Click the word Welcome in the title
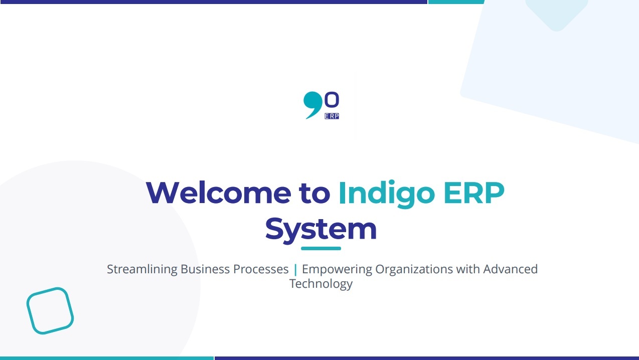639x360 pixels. tap(218, 193)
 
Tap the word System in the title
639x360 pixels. tap(321, 229)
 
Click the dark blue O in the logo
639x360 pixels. tap(332, 100)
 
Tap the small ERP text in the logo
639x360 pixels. tap(332, 116)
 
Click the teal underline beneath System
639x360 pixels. tap(321, 248)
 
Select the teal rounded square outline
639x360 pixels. tap(50, 310)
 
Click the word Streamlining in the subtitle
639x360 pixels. tap(142, 269)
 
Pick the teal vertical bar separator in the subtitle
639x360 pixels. tap(295, 270)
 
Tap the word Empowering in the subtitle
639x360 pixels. tap(337, 269)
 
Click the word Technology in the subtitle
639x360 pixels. tap(321, 284)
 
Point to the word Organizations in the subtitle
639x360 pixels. tap(414, 269)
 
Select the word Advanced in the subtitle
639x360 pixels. tap(510, 269)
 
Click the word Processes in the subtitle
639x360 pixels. tap(261, 269)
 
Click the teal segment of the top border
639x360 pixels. tap(456, 2)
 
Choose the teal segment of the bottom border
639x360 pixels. tap(107, 358)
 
